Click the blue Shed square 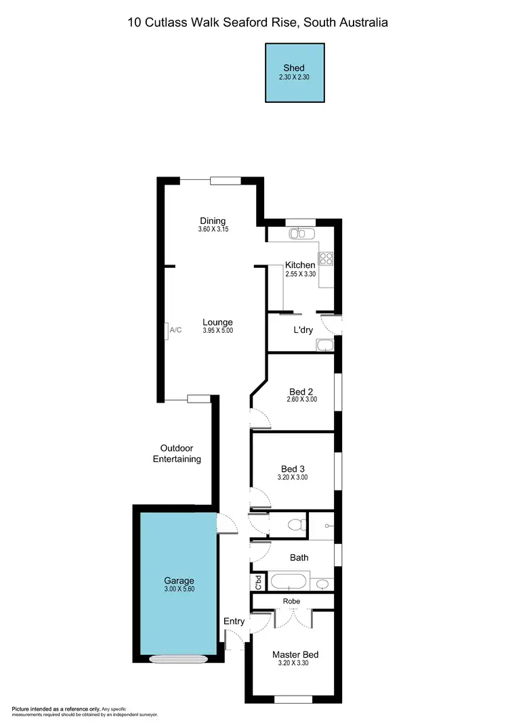point(294,73)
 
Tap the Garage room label point(179,581)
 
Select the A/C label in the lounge point(175,330)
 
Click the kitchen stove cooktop point(326,258)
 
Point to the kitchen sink point(299,233)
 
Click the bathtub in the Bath point(289,582)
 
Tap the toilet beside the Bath point(294,524)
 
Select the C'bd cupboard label point(257,581)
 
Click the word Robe point(293,601)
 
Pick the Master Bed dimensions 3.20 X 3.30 point(295,664)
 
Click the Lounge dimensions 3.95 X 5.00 point(217,331)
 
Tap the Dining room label point(213,221)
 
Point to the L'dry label point(302,330)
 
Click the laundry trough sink point(325,346)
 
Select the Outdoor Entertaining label point(177,453)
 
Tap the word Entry point(234,621)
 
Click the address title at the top point(258,22)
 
